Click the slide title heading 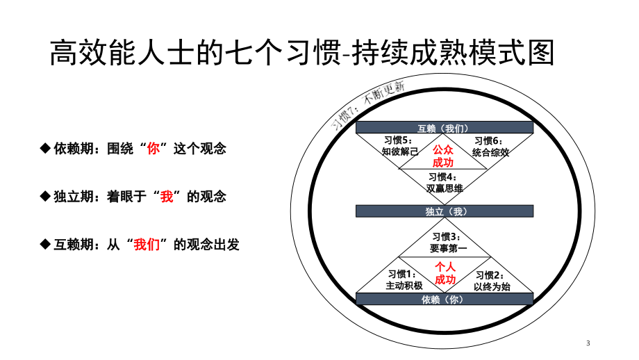click(302, 53)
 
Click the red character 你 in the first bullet click(153, 149)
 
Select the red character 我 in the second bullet click(167, 197)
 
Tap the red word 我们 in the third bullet click(147, 245)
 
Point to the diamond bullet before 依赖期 click(45, 148)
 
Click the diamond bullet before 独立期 click(45, 196)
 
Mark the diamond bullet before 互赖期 click(45, 244)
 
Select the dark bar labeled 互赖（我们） click(445, 128)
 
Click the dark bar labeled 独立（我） click(445, 211)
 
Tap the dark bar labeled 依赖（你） click(445, 299)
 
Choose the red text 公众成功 click(443, 156)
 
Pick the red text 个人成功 click(445, 273)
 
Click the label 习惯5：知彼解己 click(400, 146)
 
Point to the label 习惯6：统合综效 click(490, 147)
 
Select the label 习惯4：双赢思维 click(445, 183)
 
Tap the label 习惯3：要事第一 click(448, 243)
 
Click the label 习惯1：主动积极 click(404, 280)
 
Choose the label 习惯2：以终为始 click(492, 281)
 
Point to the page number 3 click(588, 343)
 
